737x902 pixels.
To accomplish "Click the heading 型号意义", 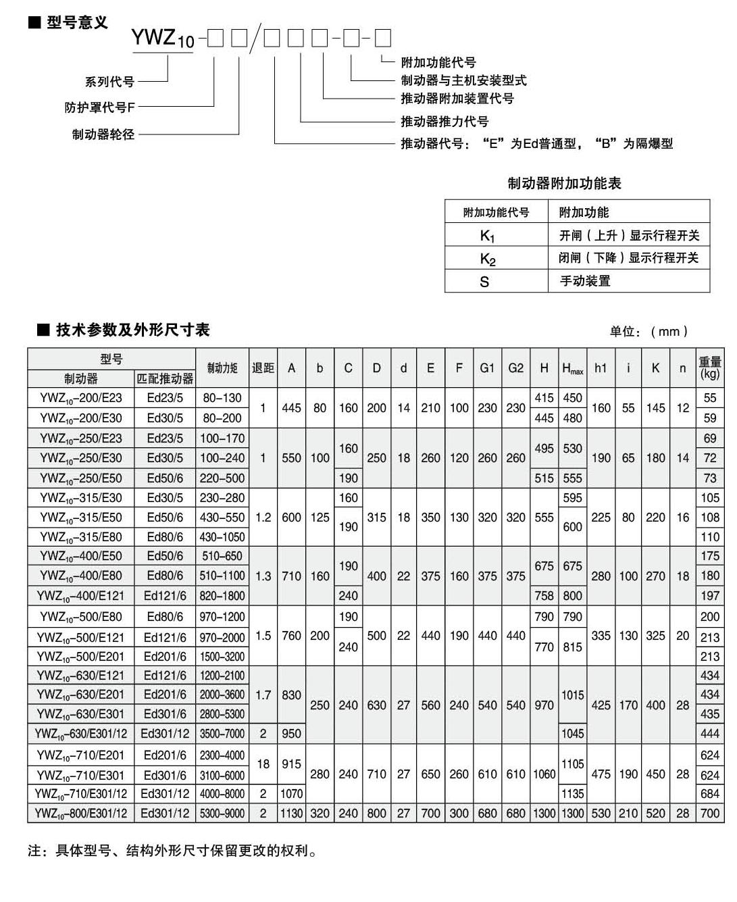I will [x=76, y=23].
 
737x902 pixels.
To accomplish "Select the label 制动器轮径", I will [x=103, y=134].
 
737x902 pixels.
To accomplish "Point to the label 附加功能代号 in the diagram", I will [x=438, y=62].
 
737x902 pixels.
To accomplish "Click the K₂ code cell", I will [x=488, y=259].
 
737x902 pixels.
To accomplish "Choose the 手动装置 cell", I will [x=585, y=280].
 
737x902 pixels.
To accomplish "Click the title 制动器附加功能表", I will [x=564, y=183].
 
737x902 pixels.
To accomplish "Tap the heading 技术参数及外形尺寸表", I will [x=132, y=330].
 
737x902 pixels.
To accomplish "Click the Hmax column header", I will [x=572, y=369].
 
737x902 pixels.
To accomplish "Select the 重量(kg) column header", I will [x=710, y=368].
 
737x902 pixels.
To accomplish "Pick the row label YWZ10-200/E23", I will [x=81, y=398].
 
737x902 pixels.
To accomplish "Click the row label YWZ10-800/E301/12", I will [x=81, y=813].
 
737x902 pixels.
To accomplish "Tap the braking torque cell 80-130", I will [x=222, y=398].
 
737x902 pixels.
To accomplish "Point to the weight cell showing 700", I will [x=710, y=813].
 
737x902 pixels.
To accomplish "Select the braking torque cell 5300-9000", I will [x=222, y=813].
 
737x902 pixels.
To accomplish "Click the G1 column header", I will [x=487, y=368].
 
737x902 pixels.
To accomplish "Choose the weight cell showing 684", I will [x=710, y=794].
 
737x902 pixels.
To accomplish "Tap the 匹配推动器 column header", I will [x=166, y=378].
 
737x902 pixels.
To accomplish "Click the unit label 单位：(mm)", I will [x=649, y=331].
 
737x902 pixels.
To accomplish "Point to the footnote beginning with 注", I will [x=172, y=851].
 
